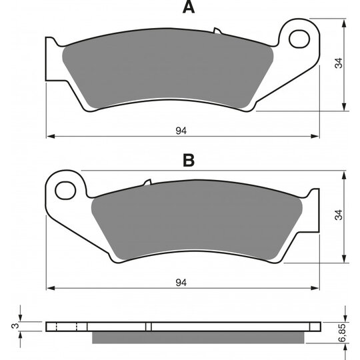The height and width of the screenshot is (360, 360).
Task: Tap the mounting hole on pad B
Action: tap(65, 190)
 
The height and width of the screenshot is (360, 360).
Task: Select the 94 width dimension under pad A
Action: tap(180, 131)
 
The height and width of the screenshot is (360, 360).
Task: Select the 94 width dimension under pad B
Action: tap(180, 283)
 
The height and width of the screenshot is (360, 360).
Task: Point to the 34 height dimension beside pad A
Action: tap(339, 64)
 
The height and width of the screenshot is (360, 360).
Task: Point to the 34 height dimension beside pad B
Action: tap(339, 216)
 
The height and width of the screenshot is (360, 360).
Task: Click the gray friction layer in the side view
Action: tap(200, 338)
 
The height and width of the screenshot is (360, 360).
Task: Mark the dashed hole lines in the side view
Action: tap(67, 327)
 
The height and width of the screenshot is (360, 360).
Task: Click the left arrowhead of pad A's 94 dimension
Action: tap(49, 137)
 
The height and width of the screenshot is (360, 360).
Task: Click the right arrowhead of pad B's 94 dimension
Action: tap(317, 289)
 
